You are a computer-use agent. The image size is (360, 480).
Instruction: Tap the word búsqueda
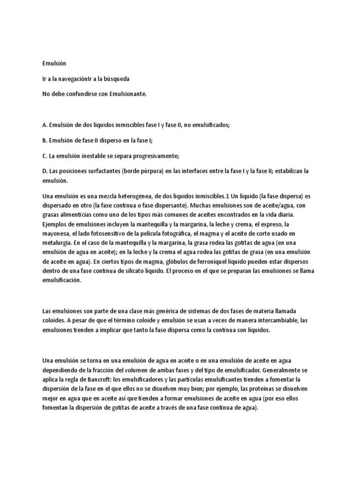[x=114, y=79]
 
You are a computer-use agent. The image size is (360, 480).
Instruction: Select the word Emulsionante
[x=128, y=94]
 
